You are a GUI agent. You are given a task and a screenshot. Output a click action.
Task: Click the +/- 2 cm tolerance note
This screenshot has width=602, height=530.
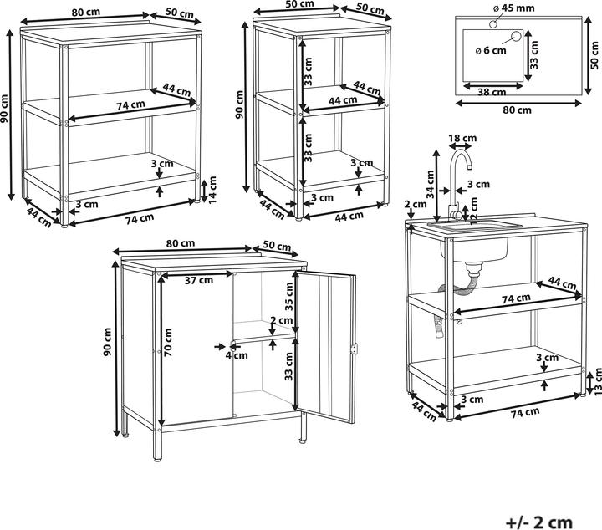pyautogui.click(x=539, y=522)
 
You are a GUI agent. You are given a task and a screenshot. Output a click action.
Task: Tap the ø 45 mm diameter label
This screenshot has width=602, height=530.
pyautogui.click(x=513, y=8)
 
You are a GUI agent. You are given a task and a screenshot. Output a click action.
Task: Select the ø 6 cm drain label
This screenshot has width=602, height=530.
pyautogui.click(x=491, y=50)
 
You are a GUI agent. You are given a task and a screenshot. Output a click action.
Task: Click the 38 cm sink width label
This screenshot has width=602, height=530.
pyautogui.click(x=492, y=92)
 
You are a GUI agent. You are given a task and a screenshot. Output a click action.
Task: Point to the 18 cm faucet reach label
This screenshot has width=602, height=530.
pyautogui.click(x=462, y=138)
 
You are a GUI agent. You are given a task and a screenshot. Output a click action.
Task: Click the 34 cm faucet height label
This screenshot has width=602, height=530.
pyautogui.click(x=431, y=184)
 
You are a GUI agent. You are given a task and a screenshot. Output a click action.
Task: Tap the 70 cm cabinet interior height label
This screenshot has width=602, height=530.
pyautogui.click(x=168, y=343)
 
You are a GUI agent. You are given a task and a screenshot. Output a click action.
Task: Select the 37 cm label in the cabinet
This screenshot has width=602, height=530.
pyautogui.click(x=198, y=280)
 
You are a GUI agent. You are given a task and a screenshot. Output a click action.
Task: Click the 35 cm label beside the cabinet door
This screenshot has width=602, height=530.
pyautogui.click(x=288, y=296)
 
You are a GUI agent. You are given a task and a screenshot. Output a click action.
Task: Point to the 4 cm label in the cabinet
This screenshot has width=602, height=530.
pyautogui.click(x=237, y=355)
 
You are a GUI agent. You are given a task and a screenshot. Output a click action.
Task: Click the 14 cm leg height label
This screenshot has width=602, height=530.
pyautogui.click(x=212, y=189)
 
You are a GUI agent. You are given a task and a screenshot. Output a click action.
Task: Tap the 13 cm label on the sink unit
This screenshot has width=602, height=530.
pyautogui.click(x=598, y=381)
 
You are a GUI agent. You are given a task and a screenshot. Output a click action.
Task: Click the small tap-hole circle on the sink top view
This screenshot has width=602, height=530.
pyautogui.click(x=493, y=24)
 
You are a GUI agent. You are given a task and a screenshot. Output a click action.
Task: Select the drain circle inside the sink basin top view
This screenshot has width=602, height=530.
pyautogui.click(x=515, y=38)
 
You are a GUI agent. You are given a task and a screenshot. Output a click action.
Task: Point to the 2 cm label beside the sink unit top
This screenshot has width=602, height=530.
pyautogui.click(x=416, y=205)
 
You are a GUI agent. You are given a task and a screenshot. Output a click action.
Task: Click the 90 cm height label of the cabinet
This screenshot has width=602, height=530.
pyautogui.click(x=108, y=342)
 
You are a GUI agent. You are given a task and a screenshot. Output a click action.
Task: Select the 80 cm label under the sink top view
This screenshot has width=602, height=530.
pyautogui.click(x=518, y=110)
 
